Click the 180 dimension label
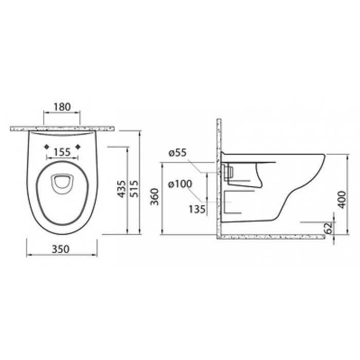coord(62,107)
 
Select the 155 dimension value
coord(62,152)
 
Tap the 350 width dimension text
coord(61,249)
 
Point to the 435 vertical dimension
coord(122,189)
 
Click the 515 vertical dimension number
coord(135,189)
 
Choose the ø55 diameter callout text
coord(178,153)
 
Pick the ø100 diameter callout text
coord(180,184)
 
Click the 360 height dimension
coord(155,197)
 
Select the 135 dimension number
coord(197,209)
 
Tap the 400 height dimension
coord(342,200)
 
